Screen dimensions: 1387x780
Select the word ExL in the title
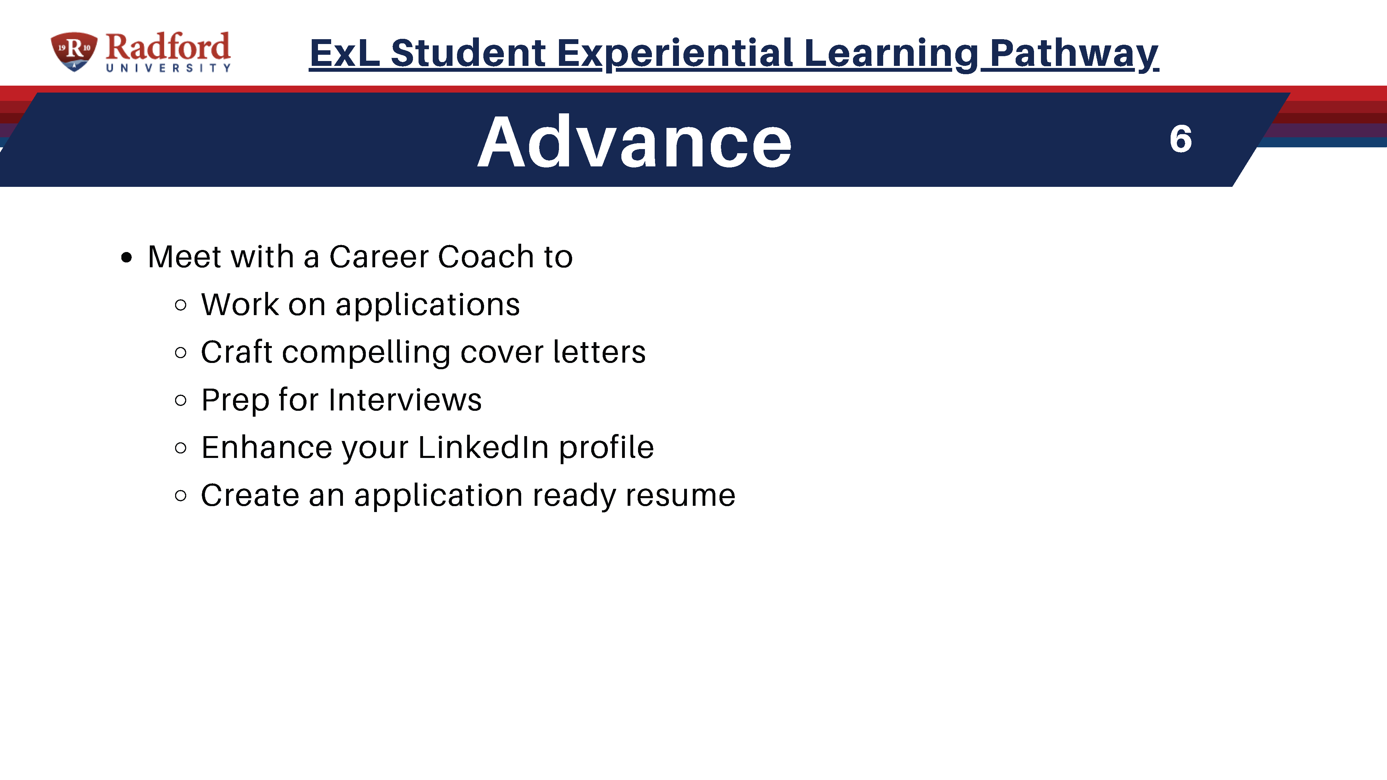coord(345,53)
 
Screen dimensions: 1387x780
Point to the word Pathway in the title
coord(1074,54)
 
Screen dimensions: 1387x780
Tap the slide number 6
coord(1180,139)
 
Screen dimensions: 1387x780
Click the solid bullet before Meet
coord(127,257)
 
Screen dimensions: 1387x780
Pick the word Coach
coord(486,256)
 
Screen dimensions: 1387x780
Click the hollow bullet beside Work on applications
coord(181,305)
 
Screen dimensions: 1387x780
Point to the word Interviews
coord(405,400)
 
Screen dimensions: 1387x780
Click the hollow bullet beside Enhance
coord(181,448)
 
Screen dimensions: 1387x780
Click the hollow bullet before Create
coord(181,495)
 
